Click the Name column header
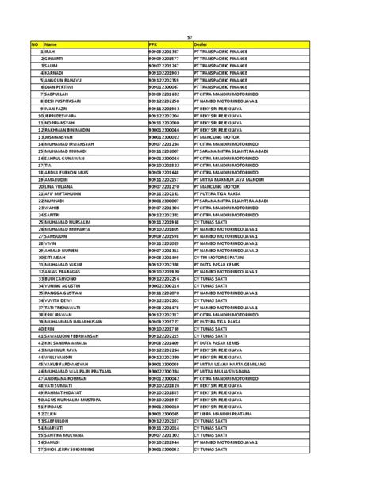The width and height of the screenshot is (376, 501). tap(51, 44)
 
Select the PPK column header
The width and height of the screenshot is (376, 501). tap(153, 44)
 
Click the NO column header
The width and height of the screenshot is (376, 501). tap(35, 44)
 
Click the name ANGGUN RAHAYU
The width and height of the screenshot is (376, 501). tap(63, 80)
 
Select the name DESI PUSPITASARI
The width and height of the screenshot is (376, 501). tap(64, 101)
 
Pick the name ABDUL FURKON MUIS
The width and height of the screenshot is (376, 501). tap(66, 172)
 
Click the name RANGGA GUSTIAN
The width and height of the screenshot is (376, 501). tap(62, 293)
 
